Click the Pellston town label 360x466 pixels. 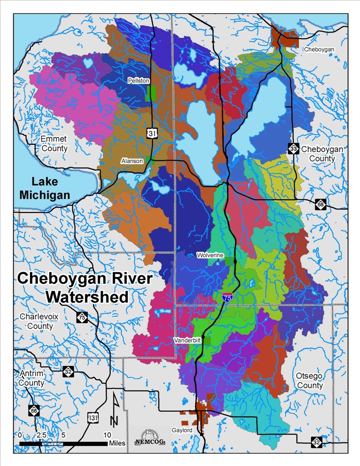[x=139, y=81]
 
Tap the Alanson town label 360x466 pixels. [x=132, y=161]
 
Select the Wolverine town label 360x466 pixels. [x=210, y=255]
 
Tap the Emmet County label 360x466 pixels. [x=54, y=143]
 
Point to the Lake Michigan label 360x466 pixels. [x=51, y=188]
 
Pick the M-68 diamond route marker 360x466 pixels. [x=320, y=204]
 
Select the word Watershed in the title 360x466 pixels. [x=87, y=296]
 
